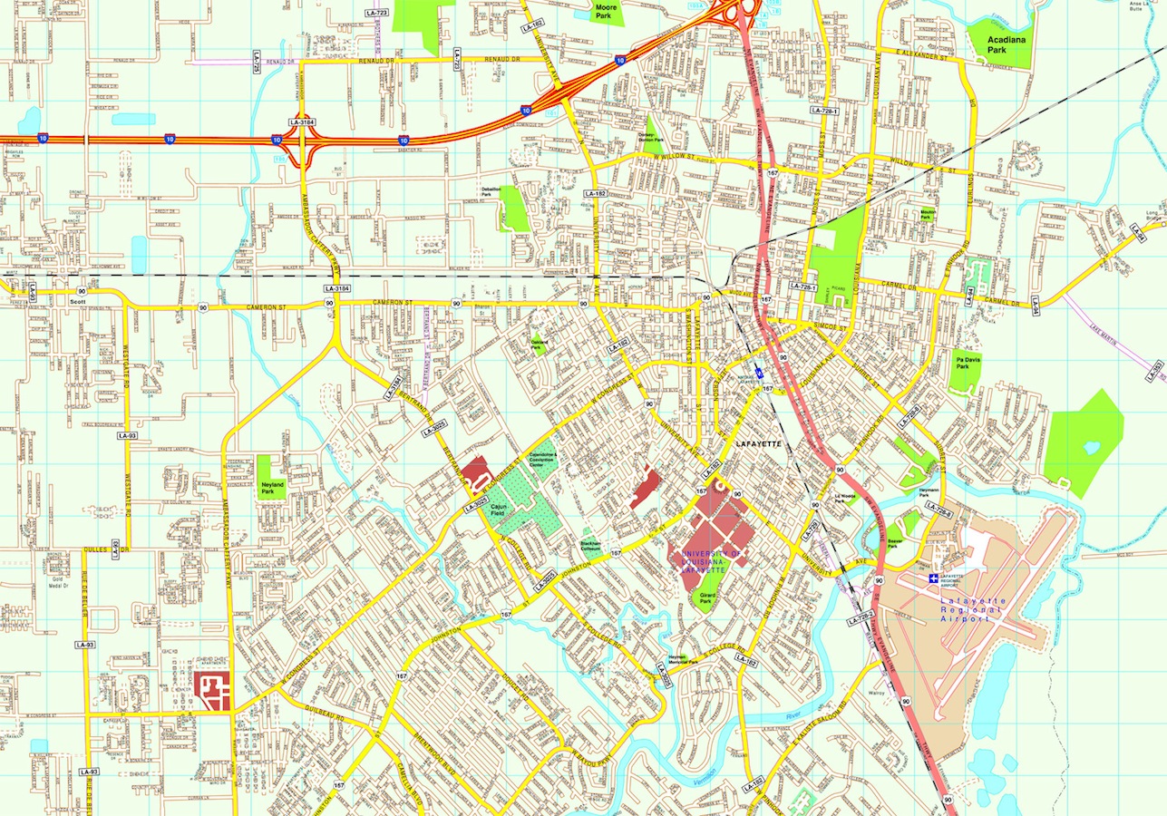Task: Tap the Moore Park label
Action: [605, 11]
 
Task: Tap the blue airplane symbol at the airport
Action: [934, 578]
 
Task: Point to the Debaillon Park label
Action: [491, 191]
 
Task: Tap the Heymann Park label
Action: [929, 490]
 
